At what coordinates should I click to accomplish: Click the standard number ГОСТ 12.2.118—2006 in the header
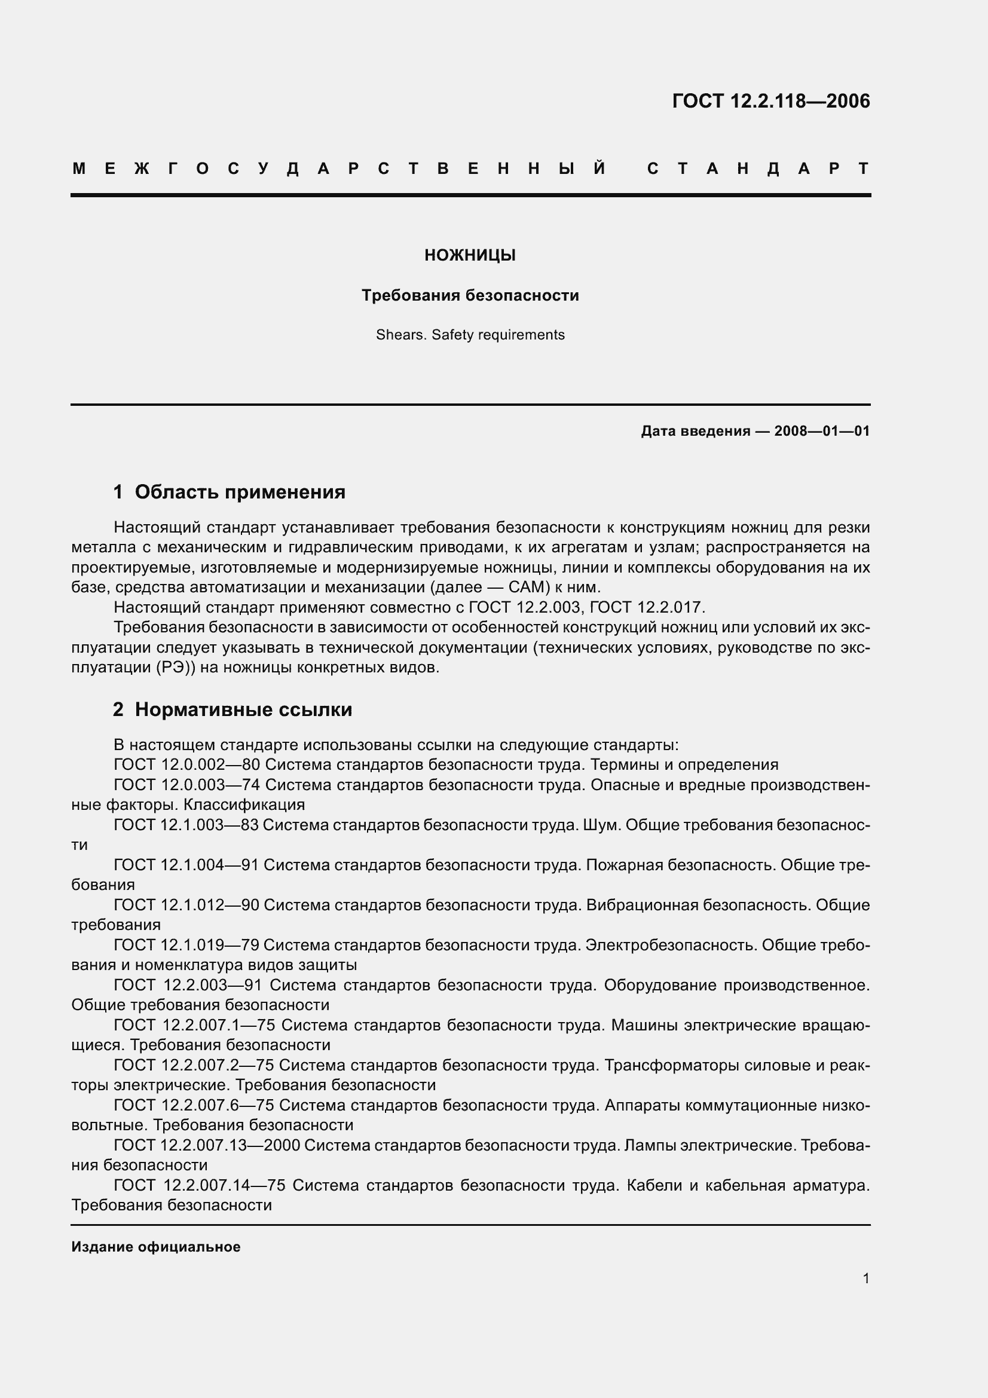tap(770, 100)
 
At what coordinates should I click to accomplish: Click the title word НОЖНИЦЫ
tap(470, 255)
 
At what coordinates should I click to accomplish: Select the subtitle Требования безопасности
tap(470, 295)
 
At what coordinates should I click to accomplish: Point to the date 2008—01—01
tap(822, 431)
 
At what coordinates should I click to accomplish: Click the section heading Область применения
tap(240, 492)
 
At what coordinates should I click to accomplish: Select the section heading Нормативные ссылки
tap(243, 709)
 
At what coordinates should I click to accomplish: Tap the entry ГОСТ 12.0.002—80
tap(186, 765)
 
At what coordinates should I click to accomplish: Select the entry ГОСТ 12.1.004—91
tap(186, 865)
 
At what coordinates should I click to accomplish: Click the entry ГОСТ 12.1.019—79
tap(186, 945)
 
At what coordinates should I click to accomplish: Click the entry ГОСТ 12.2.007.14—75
tap(200, 1185)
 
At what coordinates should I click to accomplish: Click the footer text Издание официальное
tap(156, 1246)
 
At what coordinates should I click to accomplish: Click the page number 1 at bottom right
tap(865, 1278)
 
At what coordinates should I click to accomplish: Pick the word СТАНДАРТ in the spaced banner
tap(758, 169)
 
